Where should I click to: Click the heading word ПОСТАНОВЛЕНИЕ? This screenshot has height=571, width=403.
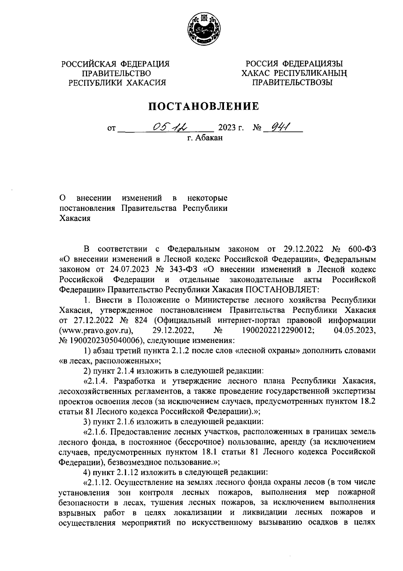point(204,107)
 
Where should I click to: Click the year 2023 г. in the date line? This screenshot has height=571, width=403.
point(231,128)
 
